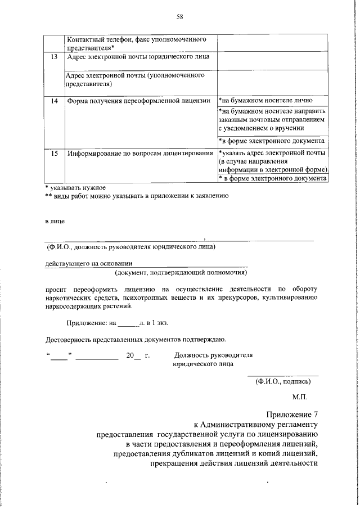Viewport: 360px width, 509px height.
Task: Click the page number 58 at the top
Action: point(180,17)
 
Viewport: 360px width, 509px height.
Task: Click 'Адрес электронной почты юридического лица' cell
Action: point(138,57)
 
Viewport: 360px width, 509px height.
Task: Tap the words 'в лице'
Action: point(55,221)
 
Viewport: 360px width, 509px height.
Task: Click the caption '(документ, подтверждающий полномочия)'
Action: point(181,273)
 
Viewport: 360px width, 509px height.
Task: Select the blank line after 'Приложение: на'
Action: point(128,324)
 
